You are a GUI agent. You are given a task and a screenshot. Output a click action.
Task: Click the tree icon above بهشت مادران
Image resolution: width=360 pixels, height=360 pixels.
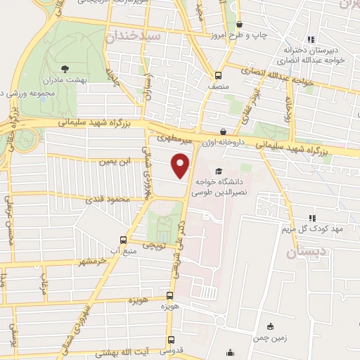click(x=65, y=69)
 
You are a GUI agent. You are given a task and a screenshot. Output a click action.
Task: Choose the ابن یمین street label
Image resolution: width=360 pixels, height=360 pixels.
click(x=115, y=162)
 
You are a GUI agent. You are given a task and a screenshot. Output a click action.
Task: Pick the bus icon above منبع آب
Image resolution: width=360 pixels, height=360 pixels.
click(x=124, y=238)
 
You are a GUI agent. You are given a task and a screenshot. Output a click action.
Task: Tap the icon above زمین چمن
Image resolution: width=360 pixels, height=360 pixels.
click(x=270, y=326)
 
